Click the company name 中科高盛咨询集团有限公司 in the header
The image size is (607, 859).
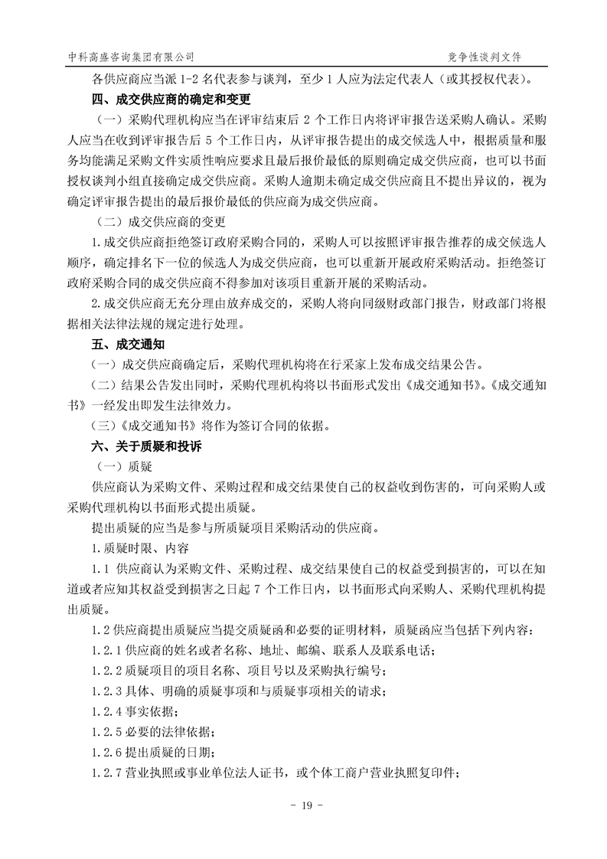(x=131, y=57)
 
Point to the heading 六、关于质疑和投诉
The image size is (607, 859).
(x=142, y=445)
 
